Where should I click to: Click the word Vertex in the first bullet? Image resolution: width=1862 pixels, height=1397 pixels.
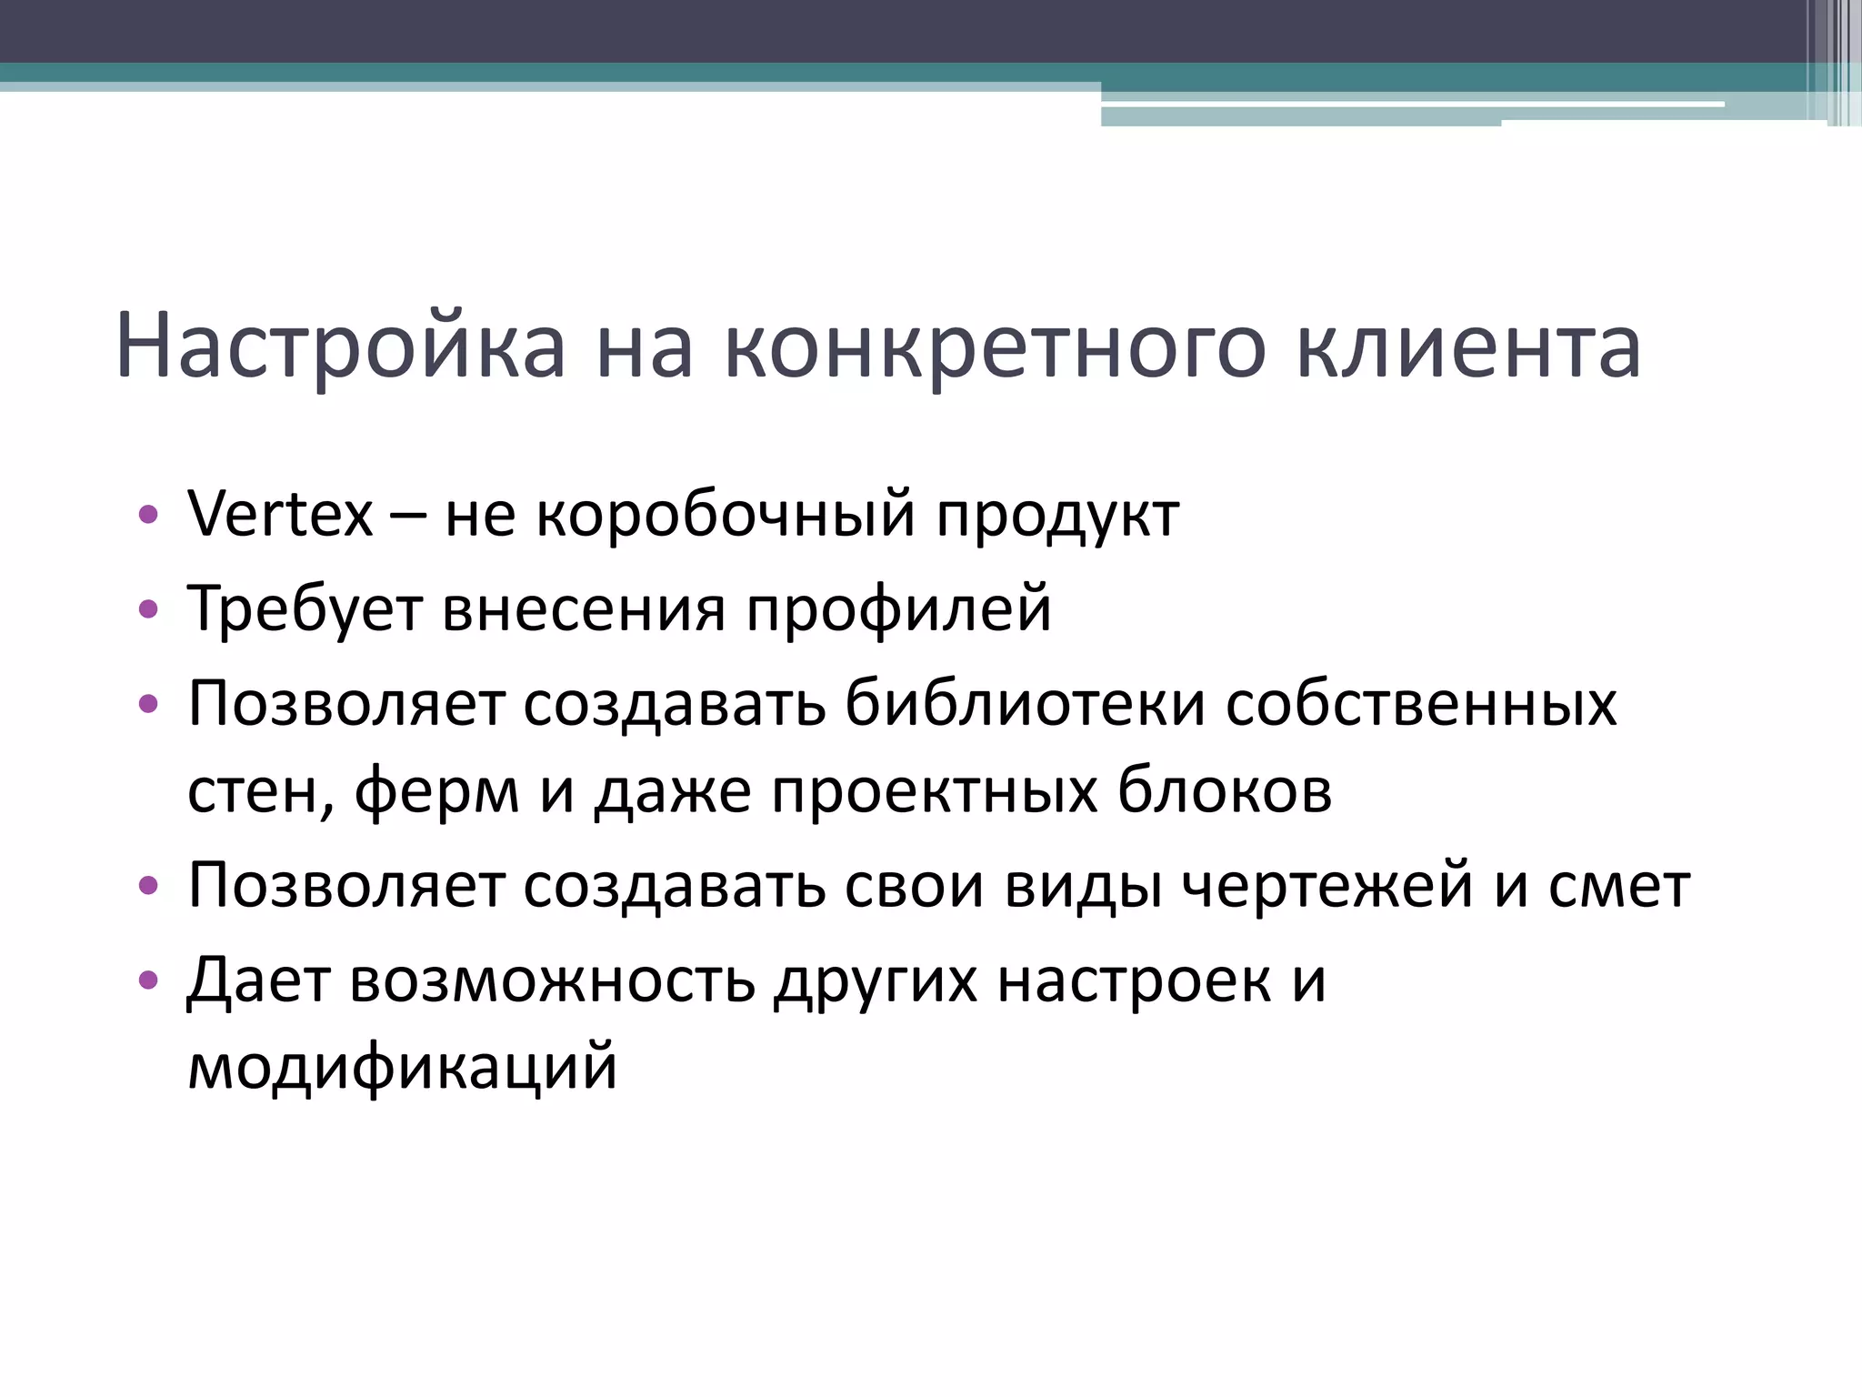[x=280, y=515]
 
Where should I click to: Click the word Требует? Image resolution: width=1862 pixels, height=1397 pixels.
[x=305, y=609]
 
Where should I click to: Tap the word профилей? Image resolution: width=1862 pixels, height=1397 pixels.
[x=898, y=609]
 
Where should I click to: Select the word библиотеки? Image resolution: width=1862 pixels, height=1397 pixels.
[x=1025, y=704]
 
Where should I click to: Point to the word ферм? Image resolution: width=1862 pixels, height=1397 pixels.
[x=436, y=791]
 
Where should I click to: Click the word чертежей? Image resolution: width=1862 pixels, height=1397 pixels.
[x=1326, y=886]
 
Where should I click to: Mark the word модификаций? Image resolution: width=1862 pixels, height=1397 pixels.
[x=402, y=1066]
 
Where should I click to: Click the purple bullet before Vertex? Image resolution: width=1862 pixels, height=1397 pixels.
[x=148, y=515]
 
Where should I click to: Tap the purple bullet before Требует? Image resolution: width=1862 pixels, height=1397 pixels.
[x=148, y=609]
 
